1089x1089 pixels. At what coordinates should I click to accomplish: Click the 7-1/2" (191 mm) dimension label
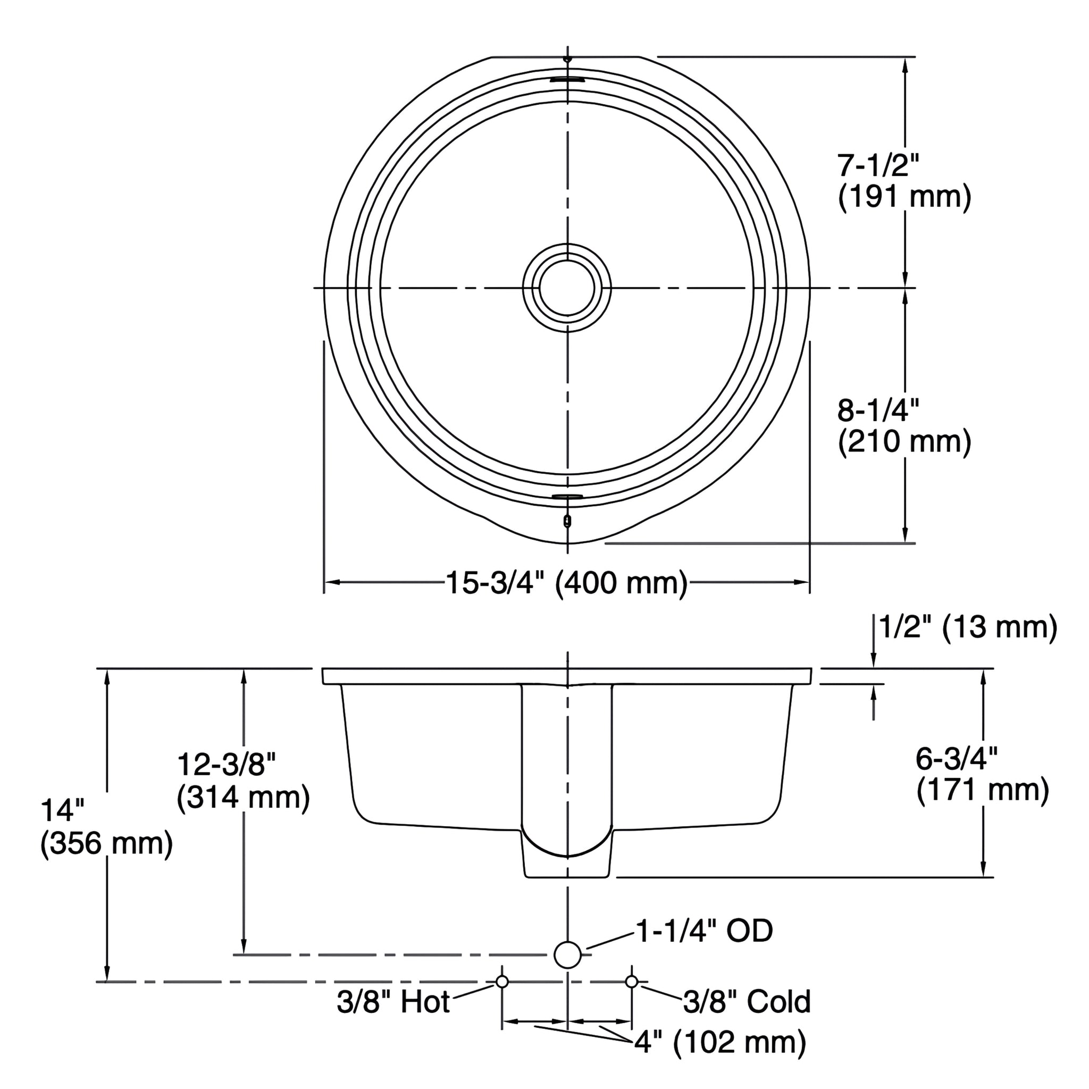[x=904, y=182]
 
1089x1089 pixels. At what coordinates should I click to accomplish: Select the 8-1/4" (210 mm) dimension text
[x=904, y=426]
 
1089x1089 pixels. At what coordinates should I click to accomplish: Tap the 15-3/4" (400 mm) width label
[x=566, y=583]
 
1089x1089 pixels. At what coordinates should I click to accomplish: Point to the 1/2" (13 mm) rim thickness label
[x=967, y=627]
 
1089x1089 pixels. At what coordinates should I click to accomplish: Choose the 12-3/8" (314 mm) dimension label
[x=243, y=781]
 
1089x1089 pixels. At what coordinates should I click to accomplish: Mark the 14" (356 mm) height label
[x=106, y=827]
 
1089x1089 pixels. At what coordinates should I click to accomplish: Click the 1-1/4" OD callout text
[x=704, y=931]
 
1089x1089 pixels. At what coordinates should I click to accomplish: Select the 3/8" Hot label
[x=393, y=1002]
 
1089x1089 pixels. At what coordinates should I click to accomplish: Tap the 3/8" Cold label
[x=747, y=1002]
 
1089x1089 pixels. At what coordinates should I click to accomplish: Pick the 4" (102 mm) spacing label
[x=720, y=1042]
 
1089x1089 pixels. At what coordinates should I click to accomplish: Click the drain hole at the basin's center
[x=567, y=288]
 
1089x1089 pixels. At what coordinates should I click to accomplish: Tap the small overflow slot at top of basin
[x=567, y=79]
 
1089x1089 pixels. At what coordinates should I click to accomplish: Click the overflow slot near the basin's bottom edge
[x=567, y=496]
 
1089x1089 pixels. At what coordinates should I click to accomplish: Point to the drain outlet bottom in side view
[x=567, y=876]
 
